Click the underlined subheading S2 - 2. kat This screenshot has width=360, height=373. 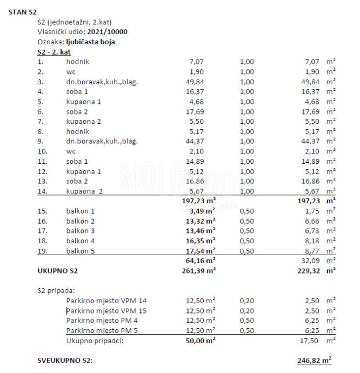[x=54, y=52]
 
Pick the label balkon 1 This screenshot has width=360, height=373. [x=81, y=211]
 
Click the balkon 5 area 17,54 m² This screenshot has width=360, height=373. [x=201, y=251]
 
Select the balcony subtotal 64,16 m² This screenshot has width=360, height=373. [x=201, y=261]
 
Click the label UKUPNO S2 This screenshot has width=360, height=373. [x=58, y=270]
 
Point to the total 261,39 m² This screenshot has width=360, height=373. [x=198, y=270]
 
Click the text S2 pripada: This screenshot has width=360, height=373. [x=57, y=290]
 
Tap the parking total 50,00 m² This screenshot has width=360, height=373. [x=201, y=341]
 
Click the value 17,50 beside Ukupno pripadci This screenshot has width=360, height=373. [x=311, y=341]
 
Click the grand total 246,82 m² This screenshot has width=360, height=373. [x=314, y=361]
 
